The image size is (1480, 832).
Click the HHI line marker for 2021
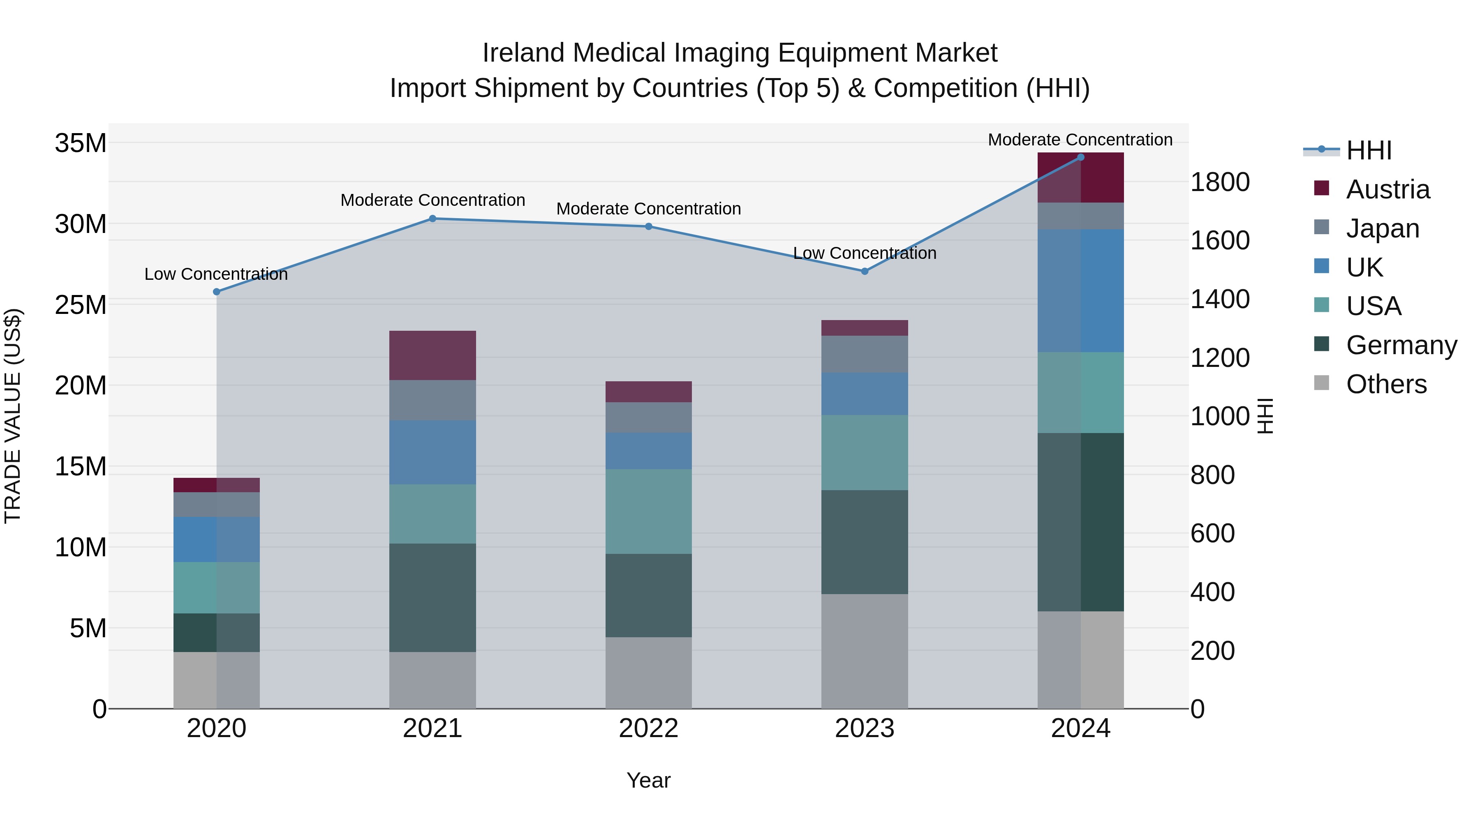point(432,219)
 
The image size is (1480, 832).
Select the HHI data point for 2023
point(865,271)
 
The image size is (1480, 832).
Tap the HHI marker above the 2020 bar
point(217,292)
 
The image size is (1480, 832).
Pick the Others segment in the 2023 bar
point(865,651)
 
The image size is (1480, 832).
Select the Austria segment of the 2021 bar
point(432,355)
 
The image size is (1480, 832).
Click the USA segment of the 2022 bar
point(649,511)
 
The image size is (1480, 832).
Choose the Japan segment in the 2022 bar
point(649,417)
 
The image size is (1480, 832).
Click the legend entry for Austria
point(1387,189)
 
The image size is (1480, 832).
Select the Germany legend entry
point(1401,345)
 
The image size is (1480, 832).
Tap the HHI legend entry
point(1369,150)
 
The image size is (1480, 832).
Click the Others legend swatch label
point(1386,384)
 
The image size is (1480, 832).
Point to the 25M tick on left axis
point(81,305)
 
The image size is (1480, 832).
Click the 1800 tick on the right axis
point(1220,182)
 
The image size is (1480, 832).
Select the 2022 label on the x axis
point(649,728)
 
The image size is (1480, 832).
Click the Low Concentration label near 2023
point(865,253)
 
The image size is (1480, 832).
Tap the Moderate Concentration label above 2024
point(1080,140)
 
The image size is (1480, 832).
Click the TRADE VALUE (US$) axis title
point(13,416)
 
